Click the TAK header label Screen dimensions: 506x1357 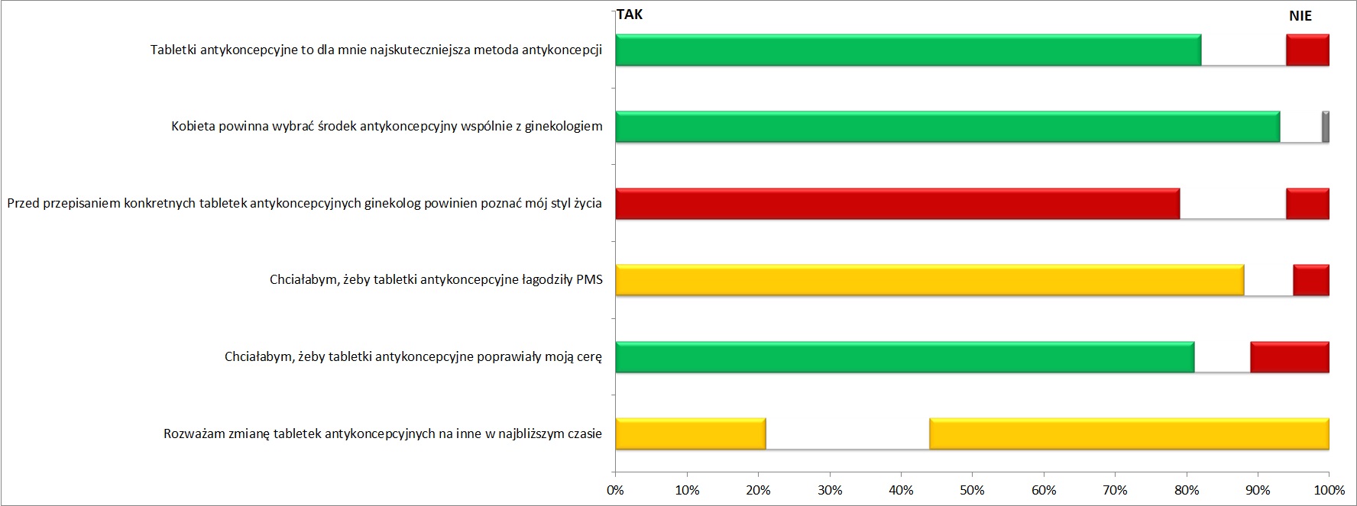[630, 15]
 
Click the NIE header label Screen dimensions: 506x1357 [1300, 16]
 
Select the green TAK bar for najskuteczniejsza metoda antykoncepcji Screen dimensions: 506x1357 [908, 50]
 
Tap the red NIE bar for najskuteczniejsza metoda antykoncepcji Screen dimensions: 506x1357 [1307, 50]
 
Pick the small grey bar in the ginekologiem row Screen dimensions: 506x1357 [1326, 127]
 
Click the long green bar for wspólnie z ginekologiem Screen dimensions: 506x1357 [947, 127]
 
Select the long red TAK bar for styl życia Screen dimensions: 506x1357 [897, 204]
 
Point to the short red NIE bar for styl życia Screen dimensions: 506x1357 [1307, 204]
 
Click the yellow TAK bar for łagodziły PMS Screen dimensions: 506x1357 [929, 280]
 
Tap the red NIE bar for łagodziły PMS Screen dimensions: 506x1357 [1311, 280]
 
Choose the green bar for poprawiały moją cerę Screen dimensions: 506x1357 [905, 357]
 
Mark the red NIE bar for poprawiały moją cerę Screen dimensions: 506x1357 [1290, 357]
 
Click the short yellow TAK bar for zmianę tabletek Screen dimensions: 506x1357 [690, 433]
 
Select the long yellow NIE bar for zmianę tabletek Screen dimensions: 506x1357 [1129, 433]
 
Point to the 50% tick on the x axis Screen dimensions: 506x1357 [972, 490]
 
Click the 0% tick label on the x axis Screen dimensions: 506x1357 [615, 490]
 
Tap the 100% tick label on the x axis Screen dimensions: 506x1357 [1329, 490]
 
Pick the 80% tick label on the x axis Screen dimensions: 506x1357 [1186, 490]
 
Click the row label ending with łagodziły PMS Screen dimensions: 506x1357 [436, 280]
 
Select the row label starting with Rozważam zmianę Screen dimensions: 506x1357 [382, 434]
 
